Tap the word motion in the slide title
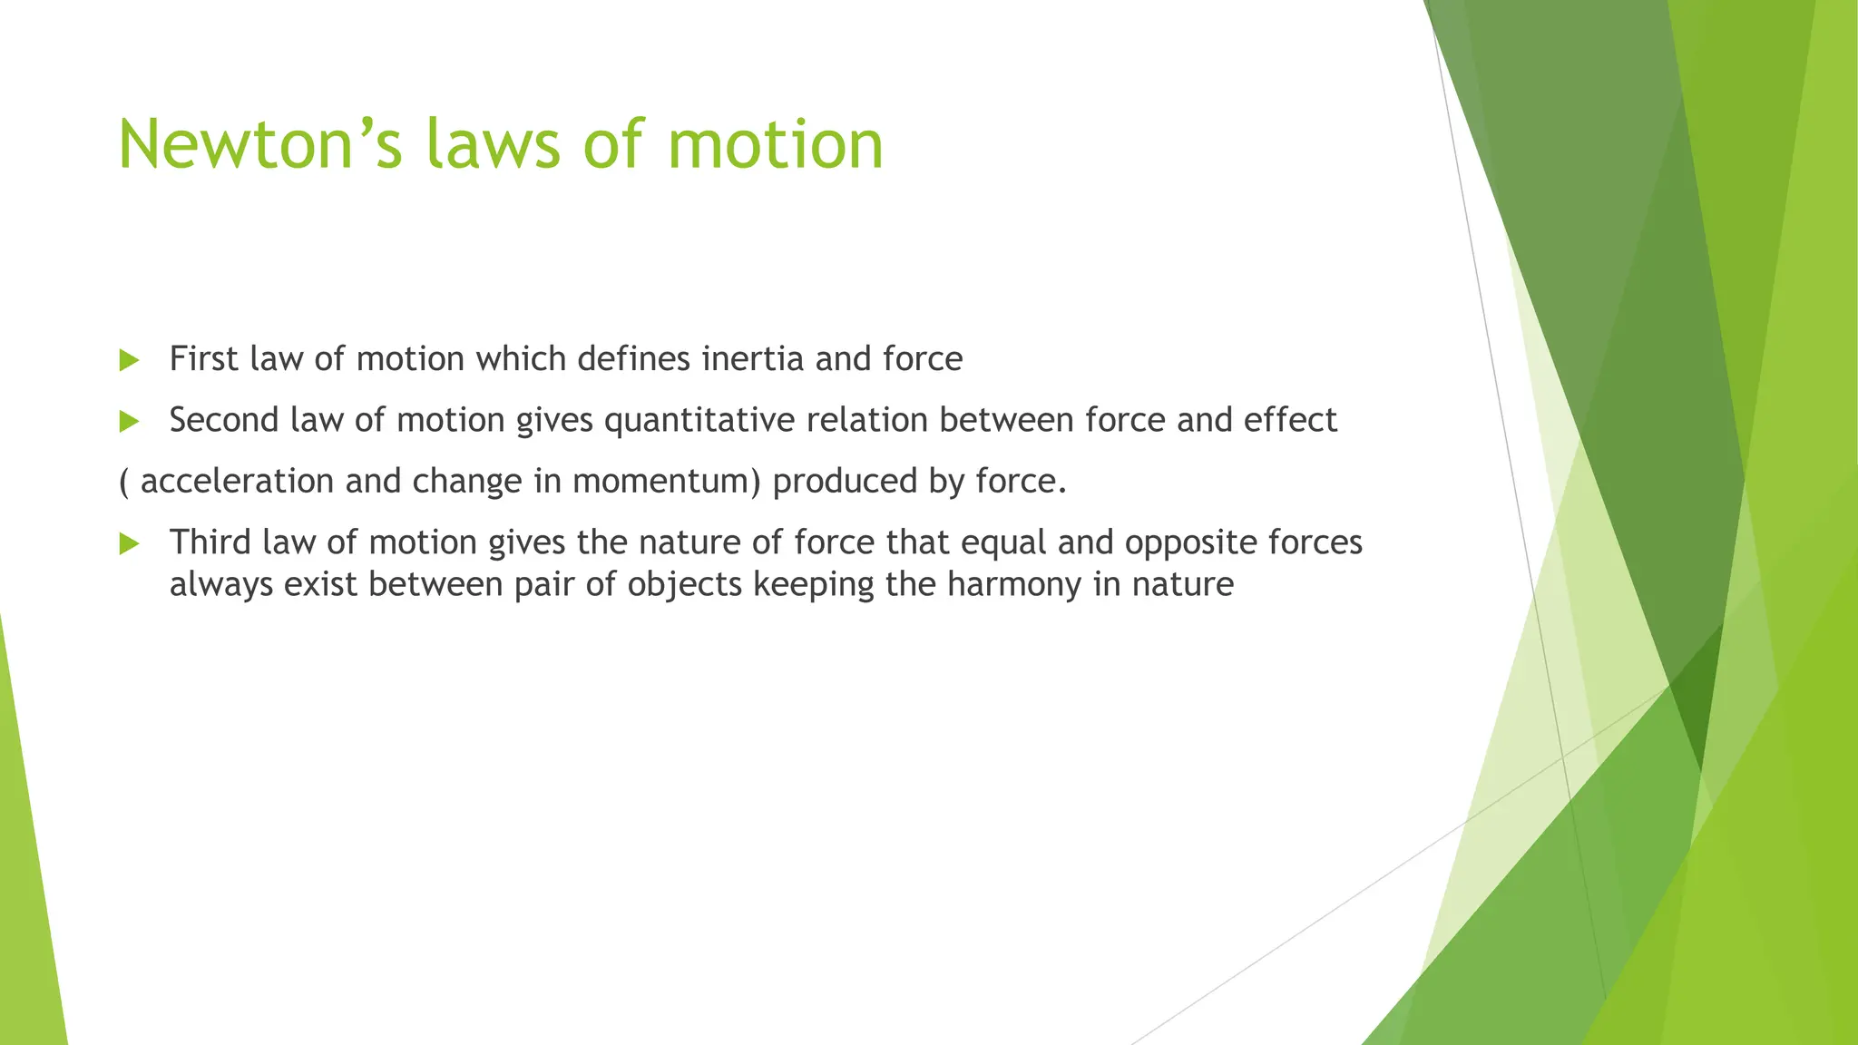click(x=776, y=145)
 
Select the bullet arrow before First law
click(x=129, y=361)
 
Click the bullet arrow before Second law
click(x=129, y=422)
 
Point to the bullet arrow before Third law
click(x=129, y=544)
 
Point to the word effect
click(x=1290, y=420)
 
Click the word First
click(x=204, y=359)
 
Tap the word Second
click(x=224, y=420)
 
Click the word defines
click(x=634, y=359)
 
